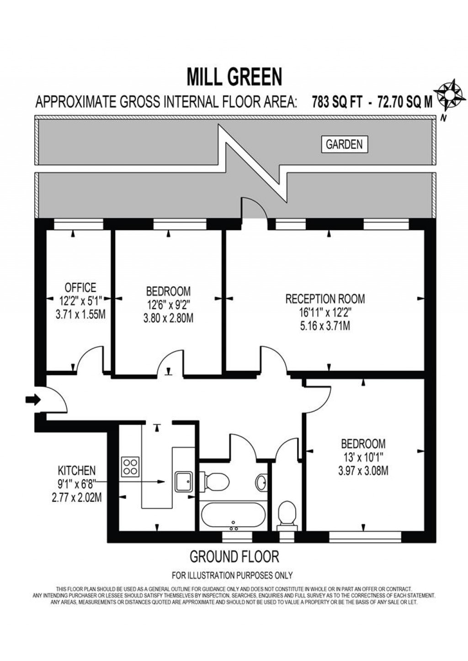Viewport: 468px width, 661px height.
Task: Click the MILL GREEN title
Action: click(235, 77)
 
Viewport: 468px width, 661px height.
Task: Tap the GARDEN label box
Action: click(344, 144)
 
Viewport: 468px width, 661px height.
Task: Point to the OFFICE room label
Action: click(80, 287)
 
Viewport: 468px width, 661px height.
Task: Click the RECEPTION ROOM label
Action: click(325, 299)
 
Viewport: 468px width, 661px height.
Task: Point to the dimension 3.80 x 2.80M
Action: click(168, 319)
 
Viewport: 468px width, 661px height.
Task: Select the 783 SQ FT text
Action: click(337, 102)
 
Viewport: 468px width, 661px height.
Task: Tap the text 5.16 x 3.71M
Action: click(325, 326)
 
